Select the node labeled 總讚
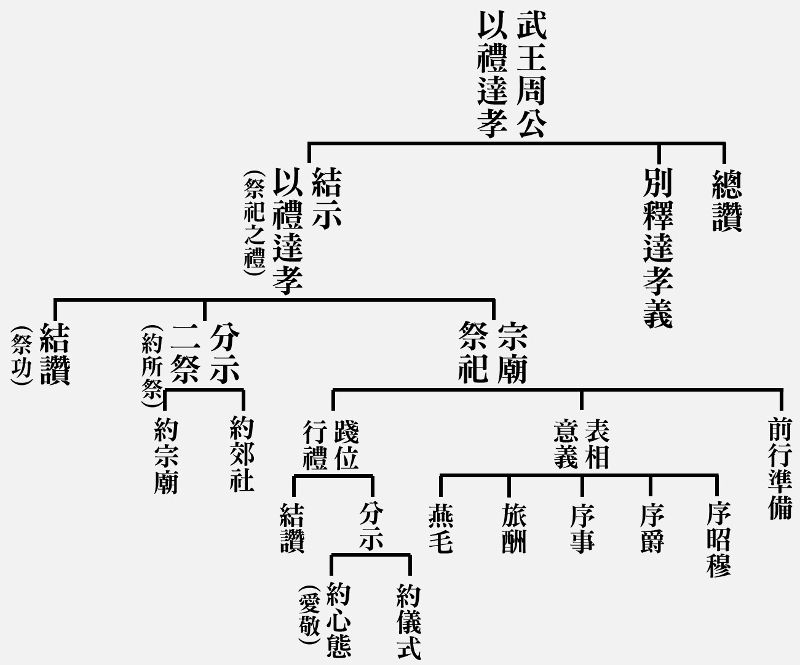point(727,201)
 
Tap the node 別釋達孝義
point(658,248)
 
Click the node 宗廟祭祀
point(493,353)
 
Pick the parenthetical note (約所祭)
point(152,366)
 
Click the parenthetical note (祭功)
point(22,355)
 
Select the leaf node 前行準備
point(780,468)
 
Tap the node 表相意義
point(582,444)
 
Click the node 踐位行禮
point(331,445)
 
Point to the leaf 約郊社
point(242,454)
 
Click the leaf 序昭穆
point(719,539)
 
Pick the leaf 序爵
point(652,528)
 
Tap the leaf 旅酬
point(514,528)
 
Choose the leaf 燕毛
point(441,528)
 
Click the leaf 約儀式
point(409,622)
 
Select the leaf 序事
point(582,528)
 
